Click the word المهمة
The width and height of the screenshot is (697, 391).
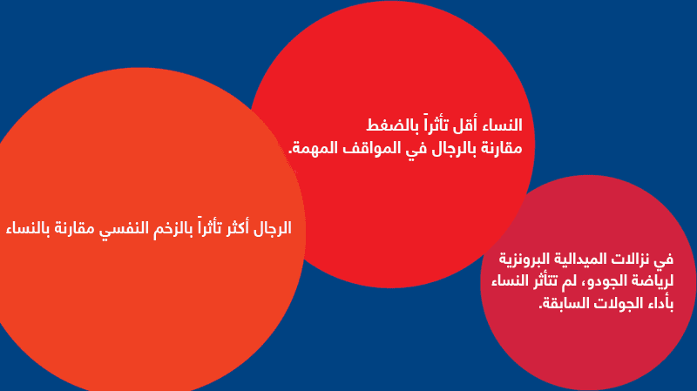[306, 148]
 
